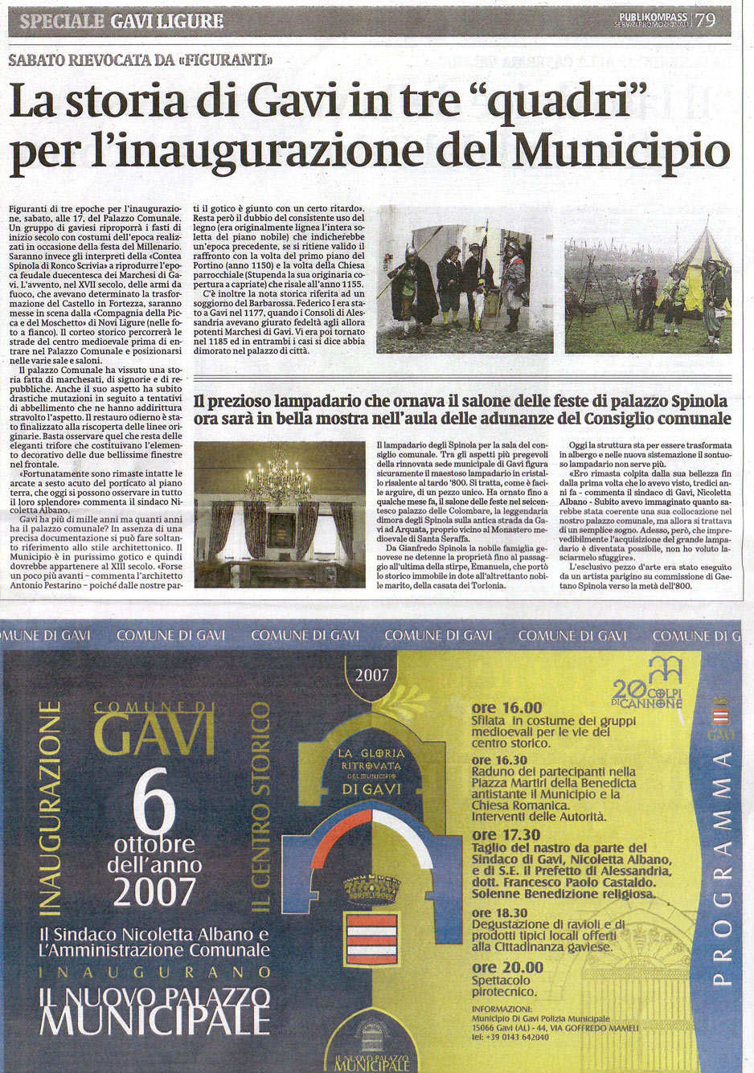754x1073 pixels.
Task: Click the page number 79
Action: [705, 20]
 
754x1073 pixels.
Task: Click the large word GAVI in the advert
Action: [154, 733]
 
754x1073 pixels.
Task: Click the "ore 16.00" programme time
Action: [506, 708]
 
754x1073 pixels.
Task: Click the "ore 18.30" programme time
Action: [500, 913]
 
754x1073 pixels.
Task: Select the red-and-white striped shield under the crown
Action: [371, 939]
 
